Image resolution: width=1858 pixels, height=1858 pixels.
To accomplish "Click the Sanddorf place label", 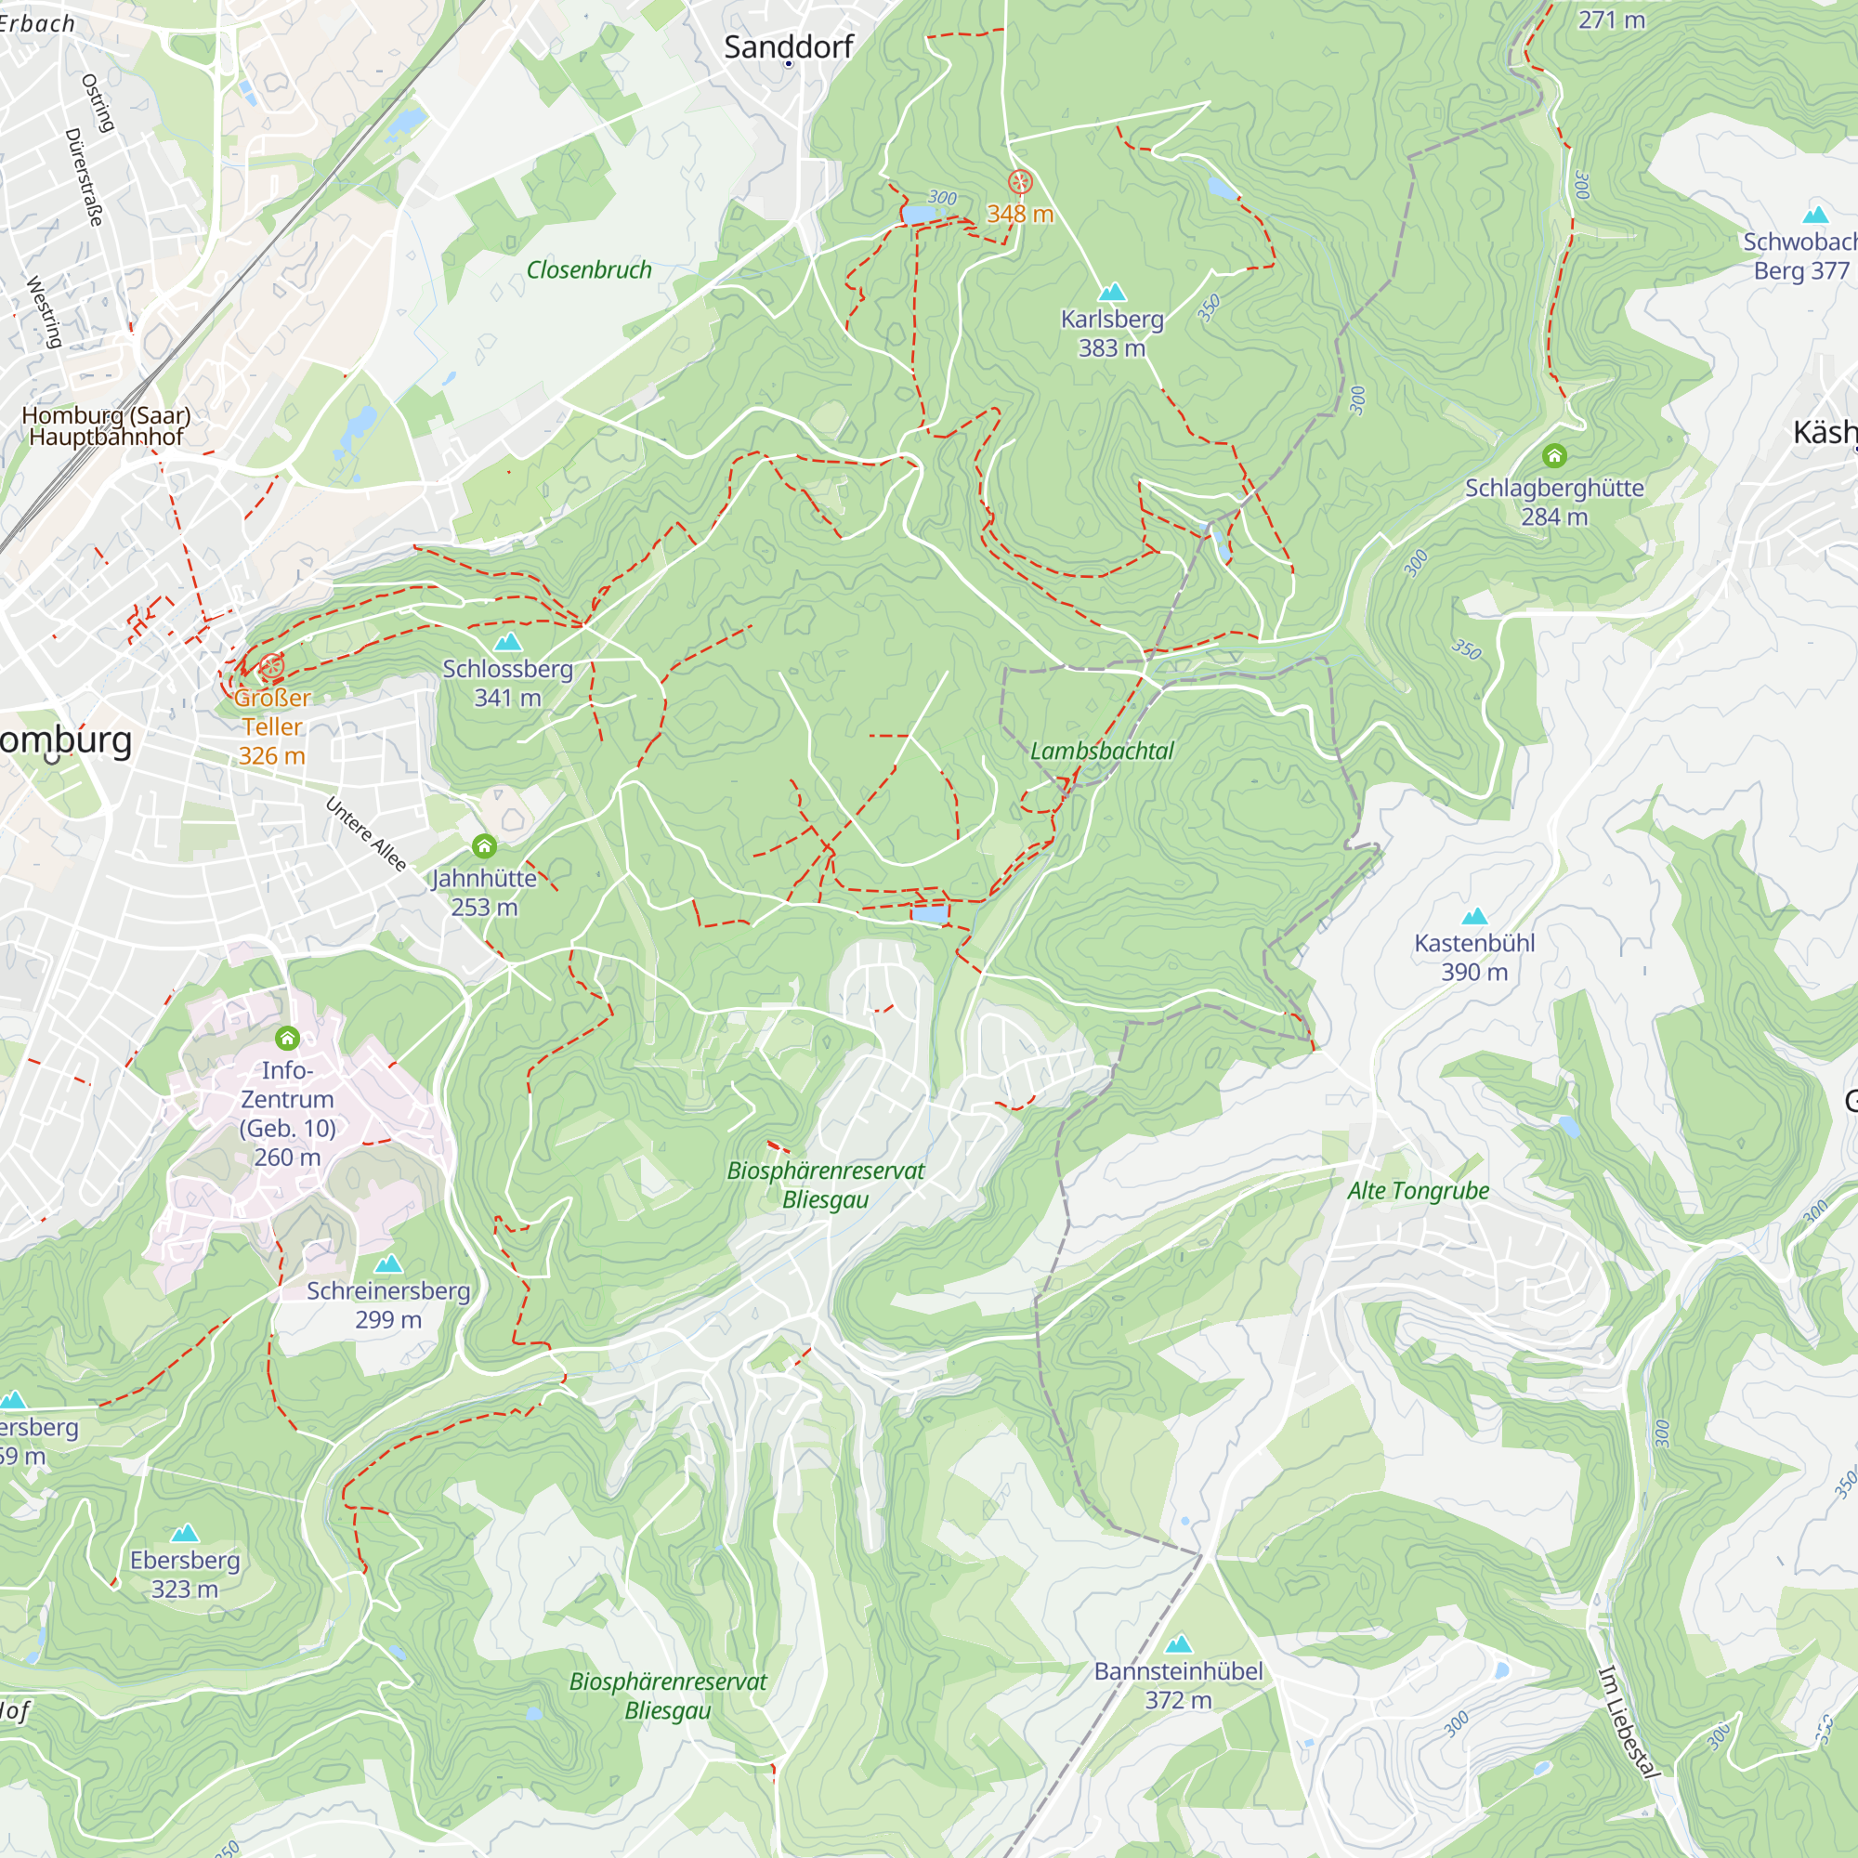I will point(788,47).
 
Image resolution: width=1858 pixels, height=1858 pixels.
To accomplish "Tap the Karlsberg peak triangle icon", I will point(1112,292).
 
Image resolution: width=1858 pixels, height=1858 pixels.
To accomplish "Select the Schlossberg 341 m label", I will point(508,683).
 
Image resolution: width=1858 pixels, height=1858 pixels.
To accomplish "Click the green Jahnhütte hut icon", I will point(484,846).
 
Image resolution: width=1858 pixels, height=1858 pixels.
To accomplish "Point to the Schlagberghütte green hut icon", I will point(1554,456).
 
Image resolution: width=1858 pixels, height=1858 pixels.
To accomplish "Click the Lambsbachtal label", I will point(1101,751).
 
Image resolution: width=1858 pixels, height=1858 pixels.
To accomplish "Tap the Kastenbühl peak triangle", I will point(1473,917).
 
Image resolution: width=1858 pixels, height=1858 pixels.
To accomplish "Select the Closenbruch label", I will point(589,270).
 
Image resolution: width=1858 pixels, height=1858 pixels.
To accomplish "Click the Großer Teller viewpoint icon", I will point(272,665).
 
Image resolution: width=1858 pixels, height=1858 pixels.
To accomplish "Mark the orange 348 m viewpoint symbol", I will point(1019,182).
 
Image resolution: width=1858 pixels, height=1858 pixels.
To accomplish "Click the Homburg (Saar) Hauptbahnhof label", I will point(106,426).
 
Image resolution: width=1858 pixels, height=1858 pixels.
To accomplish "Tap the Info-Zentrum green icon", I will point(286,1039).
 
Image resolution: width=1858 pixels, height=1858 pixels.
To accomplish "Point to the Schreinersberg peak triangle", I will point(387,1263).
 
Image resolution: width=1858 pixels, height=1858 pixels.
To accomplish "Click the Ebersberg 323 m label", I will point(185,1575).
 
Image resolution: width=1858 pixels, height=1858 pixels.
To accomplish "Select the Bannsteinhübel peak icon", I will point(1178,1643).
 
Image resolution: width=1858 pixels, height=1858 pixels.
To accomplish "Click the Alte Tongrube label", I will point(1418,1191).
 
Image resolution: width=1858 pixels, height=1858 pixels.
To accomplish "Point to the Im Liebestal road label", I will point(1629,1722).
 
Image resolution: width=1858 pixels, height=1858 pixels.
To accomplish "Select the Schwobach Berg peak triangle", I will point(1814,215).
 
